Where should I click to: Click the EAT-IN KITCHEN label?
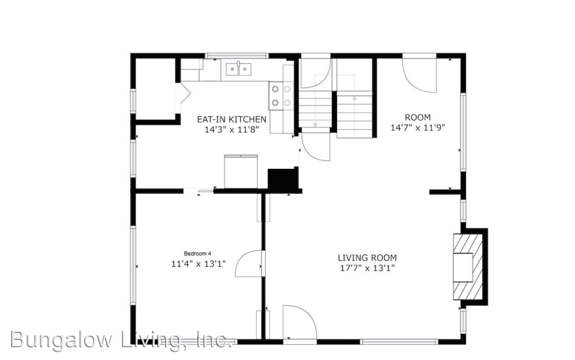(231, 119)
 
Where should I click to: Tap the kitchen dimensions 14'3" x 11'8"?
(231, 130)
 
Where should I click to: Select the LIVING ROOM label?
(367, 258)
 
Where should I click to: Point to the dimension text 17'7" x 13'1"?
(367, 268)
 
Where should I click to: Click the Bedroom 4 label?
(197, 253)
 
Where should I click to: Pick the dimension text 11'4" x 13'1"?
(198, 264)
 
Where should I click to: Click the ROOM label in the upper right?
(418, 117)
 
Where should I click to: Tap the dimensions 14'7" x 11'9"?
(418, 128)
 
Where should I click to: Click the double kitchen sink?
(239, 68)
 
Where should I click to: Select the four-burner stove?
(281, 96)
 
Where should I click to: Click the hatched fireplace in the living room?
(467, 267)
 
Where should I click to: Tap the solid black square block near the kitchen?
(283, 179)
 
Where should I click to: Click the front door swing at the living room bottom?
(299, 322)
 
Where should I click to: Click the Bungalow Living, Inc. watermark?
(121, 339)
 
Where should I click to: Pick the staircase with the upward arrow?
(354, 113)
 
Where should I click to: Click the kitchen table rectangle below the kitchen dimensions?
(241, 172)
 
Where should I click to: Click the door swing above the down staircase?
(316, 72)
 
